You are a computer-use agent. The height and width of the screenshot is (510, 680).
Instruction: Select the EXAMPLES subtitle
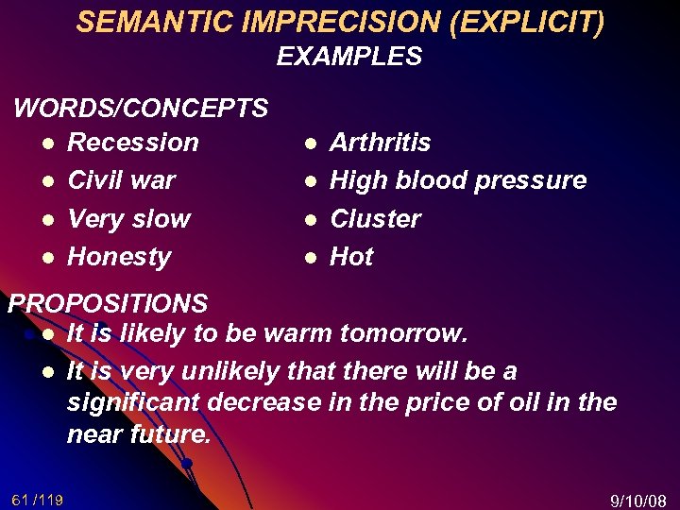tap(348, 57)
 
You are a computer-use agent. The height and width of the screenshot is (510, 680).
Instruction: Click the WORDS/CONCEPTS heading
tap(141, 108)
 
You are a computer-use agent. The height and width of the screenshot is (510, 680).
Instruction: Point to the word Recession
tap(133, 143)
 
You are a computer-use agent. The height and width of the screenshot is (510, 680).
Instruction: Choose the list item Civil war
tap(122, 180)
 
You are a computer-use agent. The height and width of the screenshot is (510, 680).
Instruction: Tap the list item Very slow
tap(128, 218)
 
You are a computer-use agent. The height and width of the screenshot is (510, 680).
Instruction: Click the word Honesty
tap(119, 256)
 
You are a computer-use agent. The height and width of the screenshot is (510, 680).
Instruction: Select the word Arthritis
tap(380, 143)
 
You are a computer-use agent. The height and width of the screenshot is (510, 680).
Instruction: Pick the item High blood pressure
tap(458, 180)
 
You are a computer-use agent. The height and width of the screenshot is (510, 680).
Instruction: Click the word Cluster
tap(375, 218)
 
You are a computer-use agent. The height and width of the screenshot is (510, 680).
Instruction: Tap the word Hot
tap(351, 256)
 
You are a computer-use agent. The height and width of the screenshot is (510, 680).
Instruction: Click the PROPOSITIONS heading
tap(108, 303)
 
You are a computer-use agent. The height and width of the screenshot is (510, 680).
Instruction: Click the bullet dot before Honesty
tap(46, 257)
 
